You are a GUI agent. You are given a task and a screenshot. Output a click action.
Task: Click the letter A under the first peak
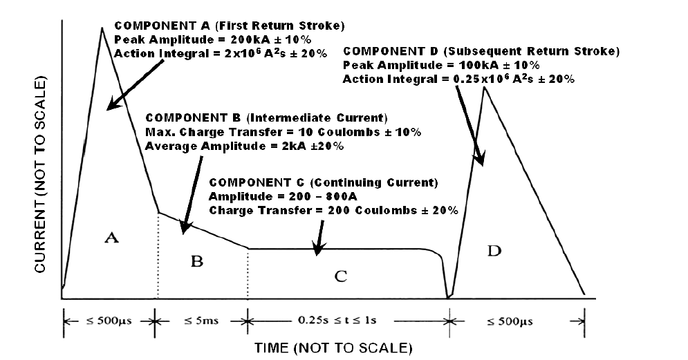click(x=112, y=238)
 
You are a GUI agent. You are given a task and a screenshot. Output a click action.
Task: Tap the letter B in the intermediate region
click(x=197, y=261)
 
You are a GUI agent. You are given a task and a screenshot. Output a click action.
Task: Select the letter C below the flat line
click(x=340, y=276)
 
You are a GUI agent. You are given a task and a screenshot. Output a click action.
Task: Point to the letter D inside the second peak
click(x=493, y=250)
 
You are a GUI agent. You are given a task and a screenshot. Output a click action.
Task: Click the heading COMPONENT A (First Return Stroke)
click(x=228, y=26)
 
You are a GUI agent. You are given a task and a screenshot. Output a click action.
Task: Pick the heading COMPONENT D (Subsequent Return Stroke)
click(x=481, y=52)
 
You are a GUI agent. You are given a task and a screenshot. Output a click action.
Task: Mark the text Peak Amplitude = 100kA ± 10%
click(x=441, y=66)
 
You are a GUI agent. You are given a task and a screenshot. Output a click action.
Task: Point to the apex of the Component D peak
click(x=485, y=88)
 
